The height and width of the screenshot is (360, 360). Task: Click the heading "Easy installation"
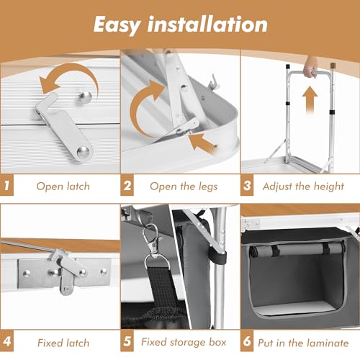(x=181, y=24)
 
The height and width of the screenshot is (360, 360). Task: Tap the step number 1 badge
(x=6, y=185)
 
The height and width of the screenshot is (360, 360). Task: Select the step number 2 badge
(x=127, y=185)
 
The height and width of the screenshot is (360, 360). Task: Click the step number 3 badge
(x=247, y=185)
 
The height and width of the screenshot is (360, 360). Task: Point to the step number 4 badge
(x=6, y=341)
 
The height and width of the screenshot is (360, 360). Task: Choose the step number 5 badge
(x=127, y=341)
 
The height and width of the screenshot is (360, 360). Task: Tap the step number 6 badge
(x=247, y=341)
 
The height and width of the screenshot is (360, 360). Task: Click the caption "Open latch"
(x=63, y=186)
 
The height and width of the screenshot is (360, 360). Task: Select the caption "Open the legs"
(x=184, y=186)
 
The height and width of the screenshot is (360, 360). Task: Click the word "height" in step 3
(x=329, y=186)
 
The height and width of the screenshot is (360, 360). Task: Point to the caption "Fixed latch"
(x=63, y=343)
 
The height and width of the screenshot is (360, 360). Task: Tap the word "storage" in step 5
(x=188, y=343)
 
